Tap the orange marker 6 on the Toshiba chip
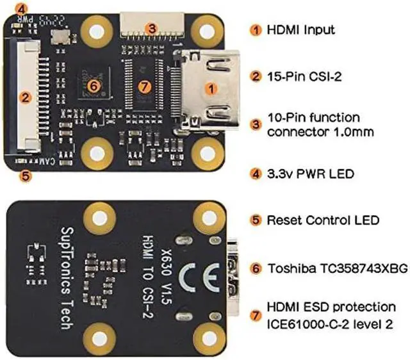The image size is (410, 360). click(x=92, y=85)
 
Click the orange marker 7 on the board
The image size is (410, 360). click(x=144, y=85)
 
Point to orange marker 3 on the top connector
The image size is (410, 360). click(x=151, y=28)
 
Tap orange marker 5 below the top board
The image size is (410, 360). click(x=25, y=174)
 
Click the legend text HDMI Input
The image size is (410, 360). click(x=301, y=29)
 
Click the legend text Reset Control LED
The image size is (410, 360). click(x=323, y=220)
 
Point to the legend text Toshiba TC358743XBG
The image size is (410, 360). click(x=337, y=268)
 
